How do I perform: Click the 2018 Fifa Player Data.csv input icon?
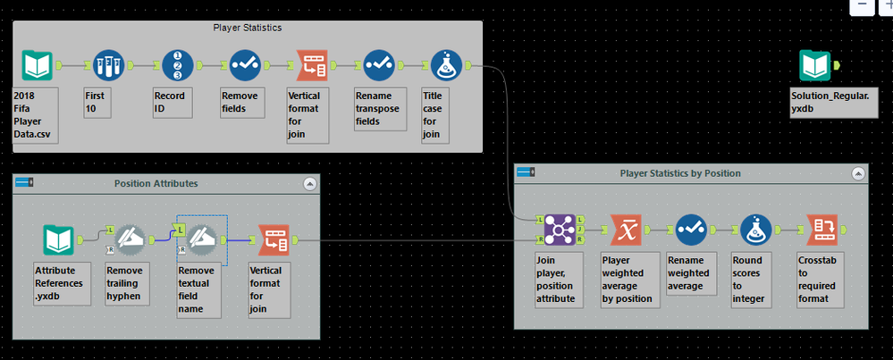37,65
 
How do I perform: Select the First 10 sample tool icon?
109,65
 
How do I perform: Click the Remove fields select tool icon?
245,65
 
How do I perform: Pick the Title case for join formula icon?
445,65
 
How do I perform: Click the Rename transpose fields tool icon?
379,65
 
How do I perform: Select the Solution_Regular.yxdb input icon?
815,65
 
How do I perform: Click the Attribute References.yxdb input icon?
59,240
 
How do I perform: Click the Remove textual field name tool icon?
201,239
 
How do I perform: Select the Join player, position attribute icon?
560,230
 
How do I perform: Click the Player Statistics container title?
248,28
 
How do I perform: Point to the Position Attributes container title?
156,184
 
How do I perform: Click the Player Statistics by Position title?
680,173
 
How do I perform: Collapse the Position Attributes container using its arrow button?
310,184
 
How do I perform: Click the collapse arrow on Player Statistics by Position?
858,173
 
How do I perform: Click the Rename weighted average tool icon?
690,230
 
